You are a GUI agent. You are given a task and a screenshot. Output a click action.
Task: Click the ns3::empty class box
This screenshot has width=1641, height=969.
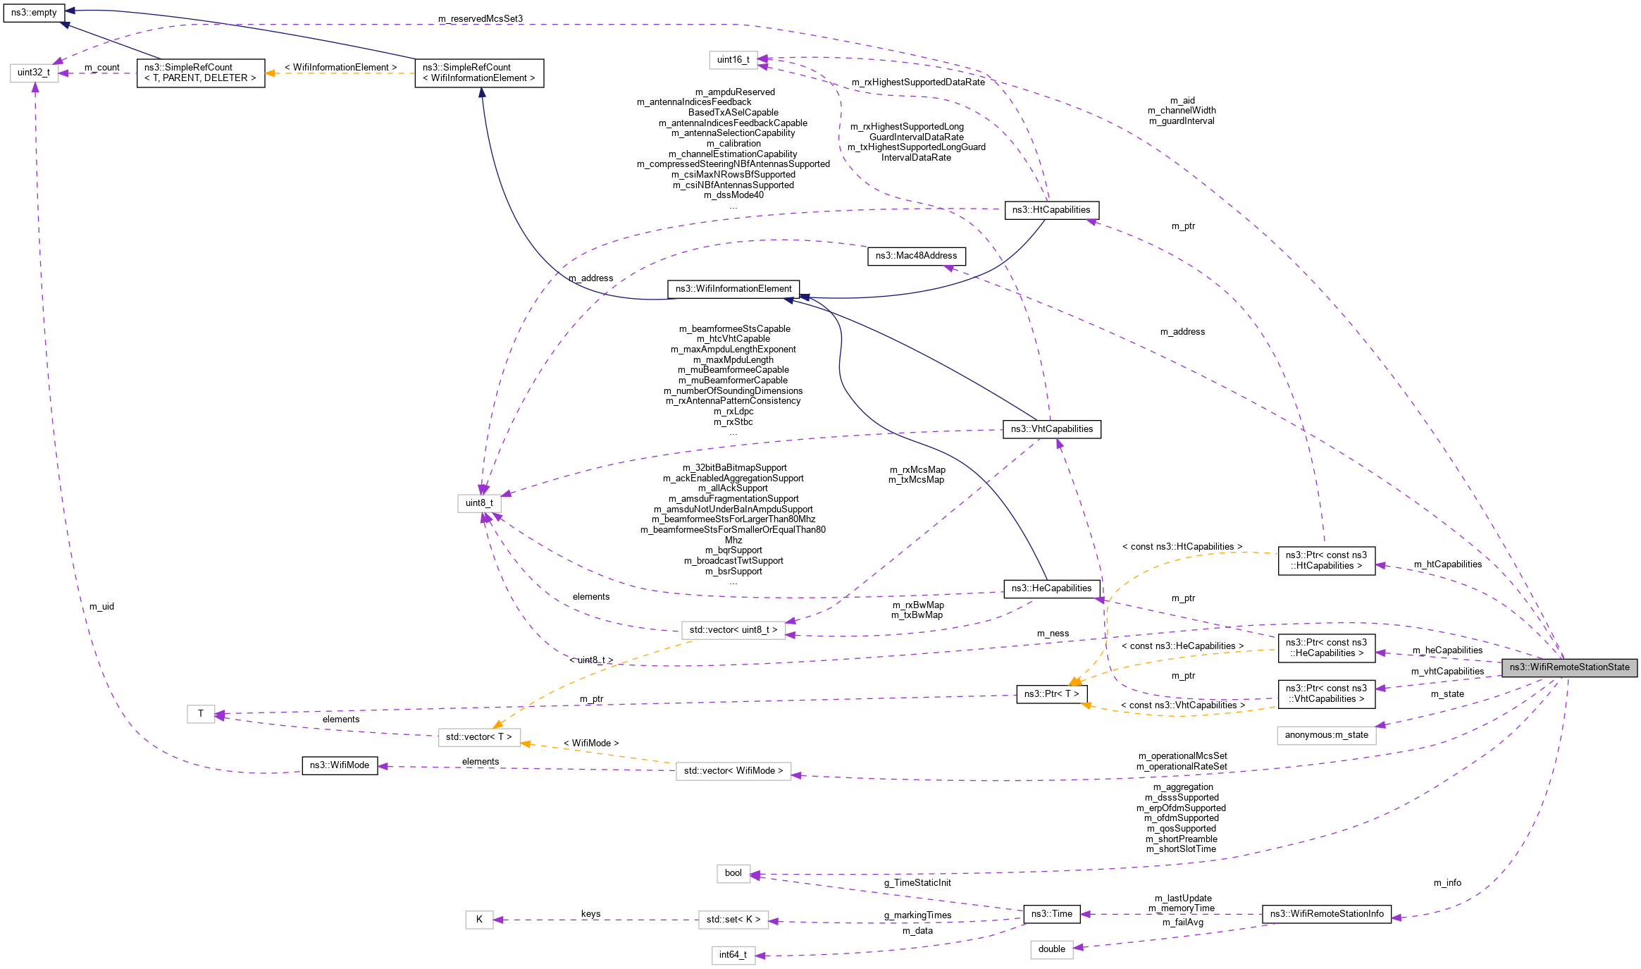click(34, 13)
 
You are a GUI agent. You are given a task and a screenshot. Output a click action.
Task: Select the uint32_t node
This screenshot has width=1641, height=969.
click(34, 73)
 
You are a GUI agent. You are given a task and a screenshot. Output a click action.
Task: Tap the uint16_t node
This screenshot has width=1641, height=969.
click(733, 60)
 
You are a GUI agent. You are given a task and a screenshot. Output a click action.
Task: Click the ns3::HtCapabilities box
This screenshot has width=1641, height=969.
click(1051, 210)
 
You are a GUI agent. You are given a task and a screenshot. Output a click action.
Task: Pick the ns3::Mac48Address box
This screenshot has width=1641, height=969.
click(916, 256)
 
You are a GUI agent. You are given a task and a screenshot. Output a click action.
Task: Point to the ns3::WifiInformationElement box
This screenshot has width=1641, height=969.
click(733, 289)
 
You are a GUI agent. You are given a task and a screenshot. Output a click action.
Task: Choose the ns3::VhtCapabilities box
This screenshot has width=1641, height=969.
click(1051, 429)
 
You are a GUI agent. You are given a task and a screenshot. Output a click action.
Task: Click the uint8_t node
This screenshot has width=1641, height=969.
click(479, 503)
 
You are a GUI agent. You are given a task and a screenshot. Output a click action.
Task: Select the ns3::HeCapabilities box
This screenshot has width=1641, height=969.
click(1051, 588)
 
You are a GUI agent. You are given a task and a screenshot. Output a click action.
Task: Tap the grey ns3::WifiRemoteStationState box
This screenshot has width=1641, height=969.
click(1569, 667)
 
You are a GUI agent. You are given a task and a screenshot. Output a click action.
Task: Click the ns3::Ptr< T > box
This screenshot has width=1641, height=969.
click(1051, 694)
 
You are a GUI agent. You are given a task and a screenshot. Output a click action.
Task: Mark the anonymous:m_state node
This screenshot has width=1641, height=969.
click(1326, 735)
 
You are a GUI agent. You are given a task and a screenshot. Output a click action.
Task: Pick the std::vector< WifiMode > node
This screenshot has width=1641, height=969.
click(733, 771)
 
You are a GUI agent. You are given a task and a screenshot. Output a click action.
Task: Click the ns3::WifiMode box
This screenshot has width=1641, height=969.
click(340, 765)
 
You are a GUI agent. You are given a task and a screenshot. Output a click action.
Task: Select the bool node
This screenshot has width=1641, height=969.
click(733, 873)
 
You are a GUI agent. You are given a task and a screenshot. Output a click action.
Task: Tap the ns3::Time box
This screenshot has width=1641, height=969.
click(1051, 914)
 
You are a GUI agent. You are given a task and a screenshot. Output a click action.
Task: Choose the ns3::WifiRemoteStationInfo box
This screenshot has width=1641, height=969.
click(1326, 914)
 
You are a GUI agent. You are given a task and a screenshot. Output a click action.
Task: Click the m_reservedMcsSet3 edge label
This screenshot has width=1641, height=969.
click(481, 19)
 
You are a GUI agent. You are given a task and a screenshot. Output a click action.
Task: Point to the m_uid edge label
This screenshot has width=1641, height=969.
click(101, 607)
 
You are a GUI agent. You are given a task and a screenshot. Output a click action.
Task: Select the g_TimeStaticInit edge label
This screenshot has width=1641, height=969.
click(917, 883)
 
